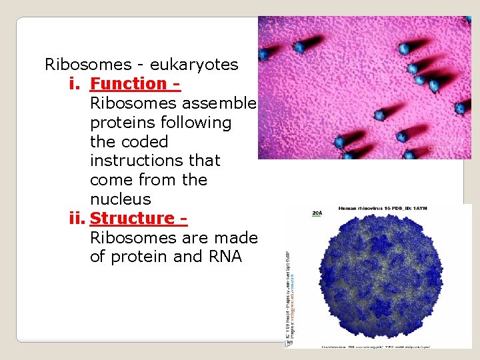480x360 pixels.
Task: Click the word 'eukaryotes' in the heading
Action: click(x=194, y=65)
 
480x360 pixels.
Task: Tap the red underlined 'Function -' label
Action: click(x=135, y=84)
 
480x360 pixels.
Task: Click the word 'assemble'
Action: click(x=221, y=103)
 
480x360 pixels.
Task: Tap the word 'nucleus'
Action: click(x=120, y=199)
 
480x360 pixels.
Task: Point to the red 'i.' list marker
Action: click(x=75, y=84)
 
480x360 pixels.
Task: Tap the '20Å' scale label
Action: click(x=317, y=213)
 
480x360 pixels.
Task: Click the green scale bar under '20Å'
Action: click(x=317, y=218)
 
